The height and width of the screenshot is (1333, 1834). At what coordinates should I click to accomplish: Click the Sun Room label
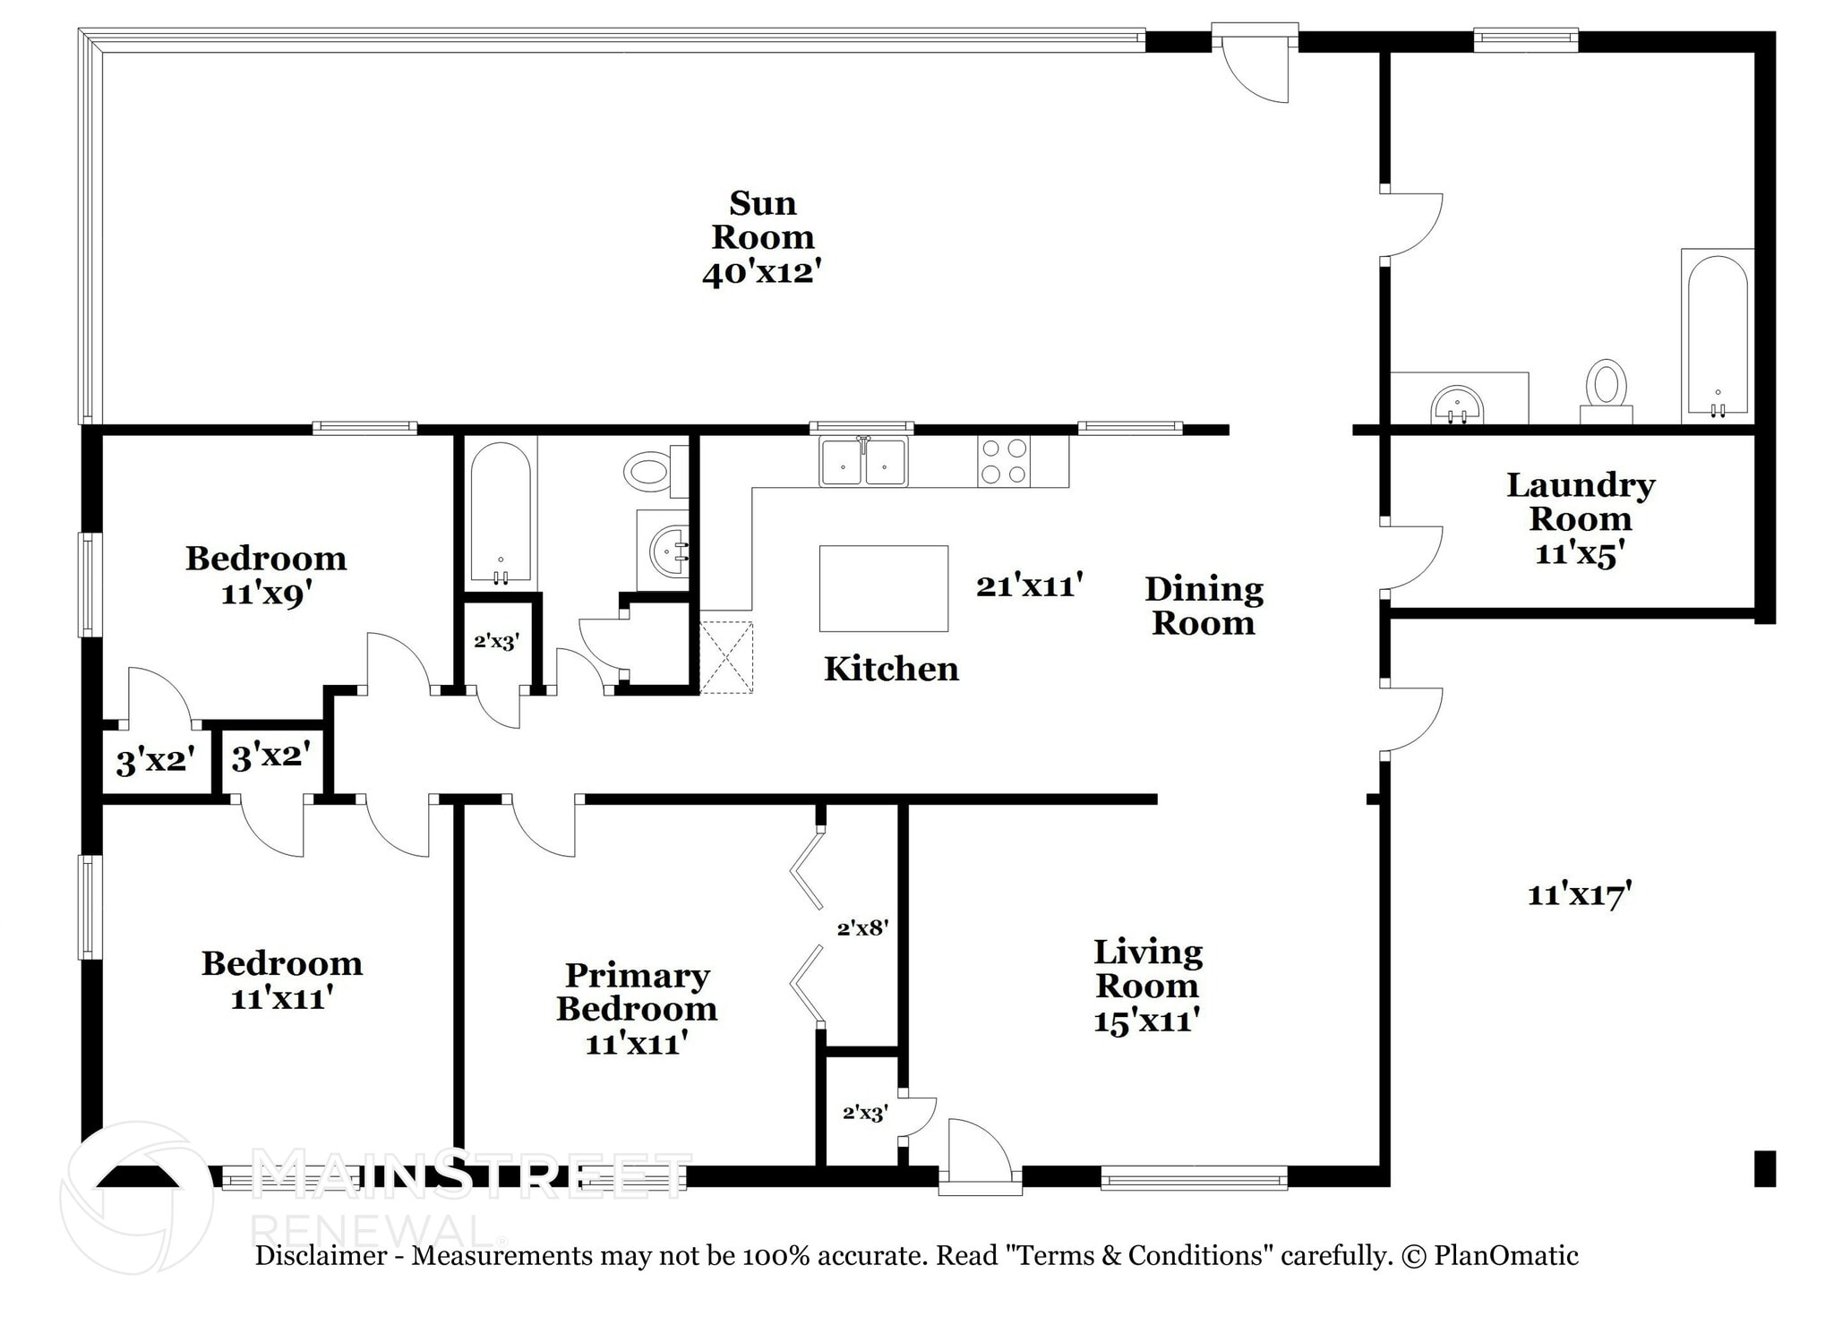pyautogui.click(x=762, y=237)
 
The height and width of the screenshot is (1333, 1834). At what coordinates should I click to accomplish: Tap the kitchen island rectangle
pyautogui.click(x=883, y=588)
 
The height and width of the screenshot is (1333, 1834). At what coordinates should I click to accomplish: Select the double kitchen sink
pyautogui.click(x=863, y=462)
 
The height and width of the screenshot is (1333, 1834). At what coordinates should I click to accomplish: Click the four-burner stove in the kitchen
pyautogui.click(x=1003, y=461)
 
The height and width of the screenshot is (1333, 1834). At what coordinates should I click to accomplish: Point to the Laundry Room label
pyautogui.click(x=1580, y=518)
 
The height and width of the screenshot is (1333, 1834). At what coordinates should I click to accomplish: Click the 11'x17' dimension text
pyautogui.click(x=1580, y=893)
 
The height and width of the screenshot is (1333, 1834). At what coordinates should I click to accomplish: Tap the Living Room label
pyautogui.click(x=1147, y=985)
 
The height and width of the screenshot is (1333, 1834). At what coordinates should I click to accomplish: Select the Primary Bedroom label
pyautogui.click(x=637, y=1007)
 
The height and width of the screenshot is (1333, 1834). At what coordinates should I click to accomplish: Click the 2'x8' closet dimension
pyautogui.click(x=861, y=928)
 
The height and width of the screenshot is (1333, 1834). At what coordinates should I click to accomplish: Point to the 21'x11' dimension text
pyautogui.click(x=1029, y=585)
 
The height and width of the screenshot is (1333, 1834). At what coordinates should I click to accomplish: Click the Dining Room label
pyautogui.click(x=1204, y=605)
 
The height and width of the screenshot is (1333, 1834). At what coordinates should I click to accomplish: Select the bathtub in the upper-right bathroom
pyautogui.click(x=1717, y=336)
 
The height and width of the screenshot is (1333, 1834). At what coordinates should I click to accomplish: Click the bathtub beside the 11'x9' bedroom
pyautogui.click(x=501, y=512)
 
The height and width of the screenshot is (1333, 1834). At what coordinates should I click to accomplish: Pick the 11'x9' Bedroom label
pyautogui.click(x=266, y=575)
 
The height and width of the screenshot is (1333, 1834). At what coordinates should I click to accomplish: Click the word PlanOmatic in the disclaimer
pyautogui.click(x=1505, y=1255)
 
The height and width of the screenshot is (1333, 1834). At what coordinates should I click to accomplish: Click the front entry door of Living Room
pyautogui.click(x=979, y=1156)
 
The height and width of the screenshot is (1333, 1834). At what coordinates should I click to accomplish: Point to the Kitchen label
pyautogui.click(x=891, y=669)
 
